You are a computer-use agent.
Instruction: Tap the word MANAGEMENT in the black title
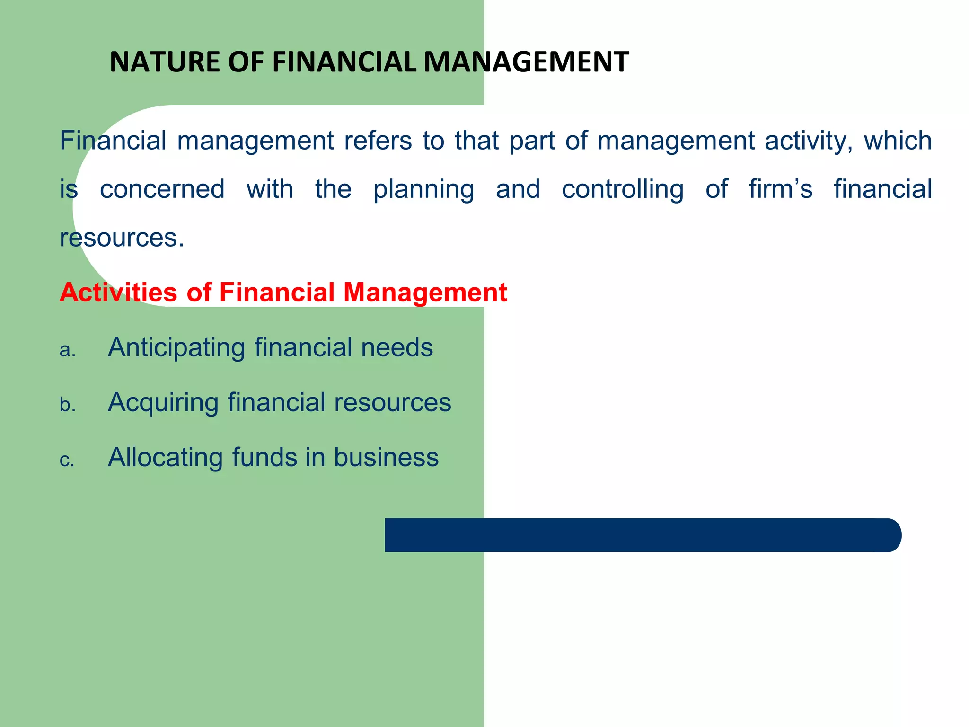tap(526, 62)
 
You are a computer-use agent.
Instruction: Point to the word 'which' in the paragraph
tap(898, 141)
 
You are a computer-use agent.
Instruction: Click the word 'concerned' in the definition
tap(162, 189)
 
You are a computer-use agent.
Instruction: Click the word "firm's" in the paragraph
tap(781, 189)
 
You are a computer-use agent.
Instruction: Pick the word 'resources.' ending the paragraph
tap(122, 238)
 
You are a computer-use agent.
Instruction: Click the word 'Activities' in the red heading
tap(118, 292)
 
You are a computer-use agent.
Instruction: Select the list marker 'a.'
tap(68, 350)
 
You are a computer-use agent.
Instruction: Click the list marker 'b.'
tap(68, 405)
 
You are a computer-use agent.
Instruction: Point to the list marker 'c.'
tap(67, 460)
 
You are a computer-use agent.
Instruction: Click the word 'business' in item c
tap(386, 458)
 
